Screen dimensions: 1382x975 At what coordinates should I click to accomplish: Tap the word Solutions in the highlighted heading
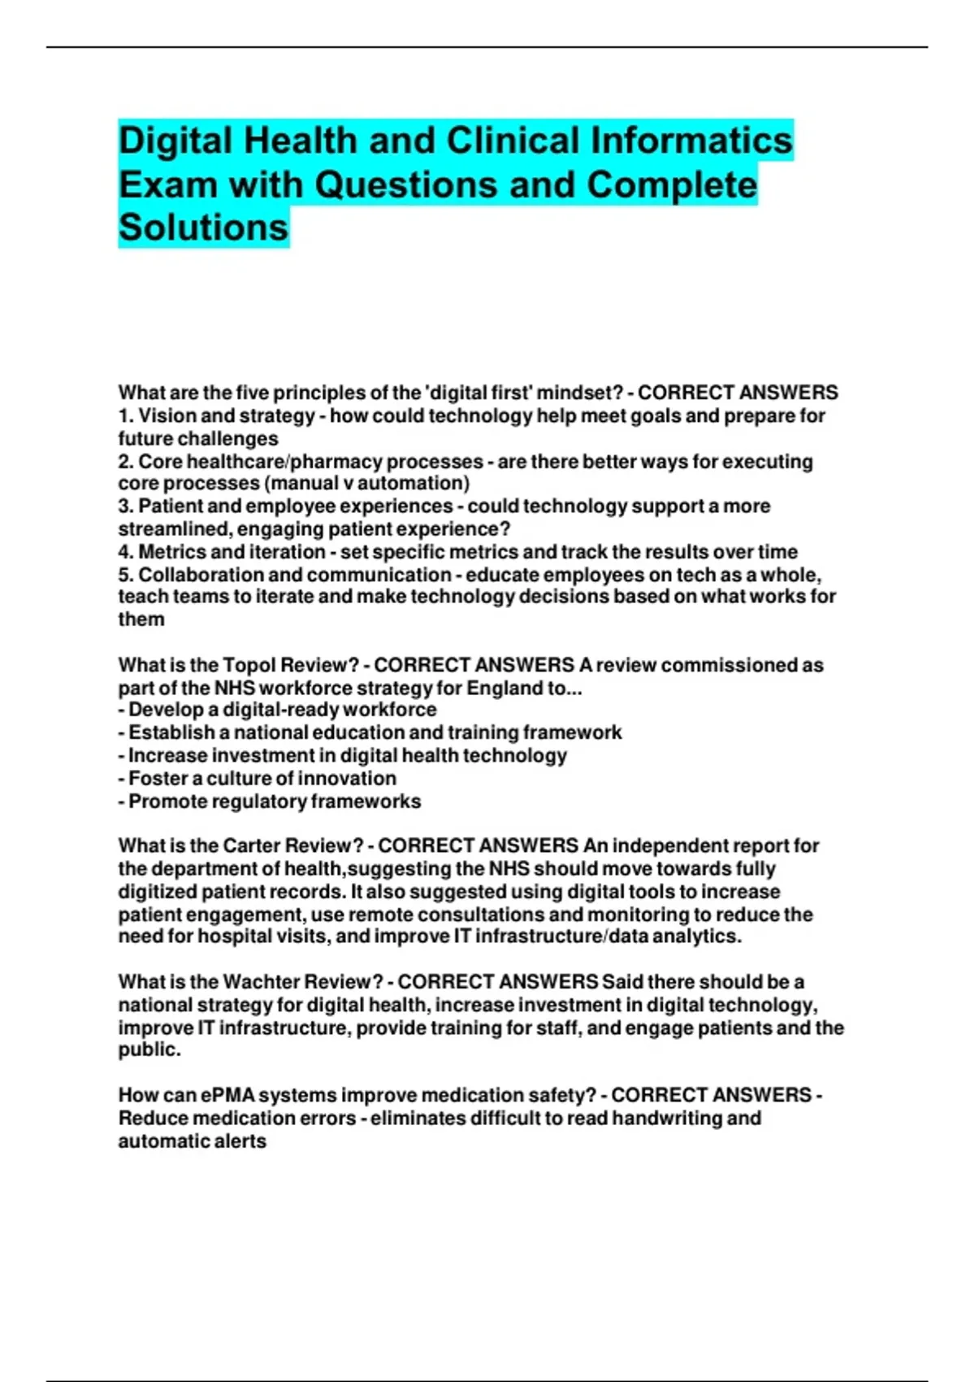(x=203, y=227)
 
